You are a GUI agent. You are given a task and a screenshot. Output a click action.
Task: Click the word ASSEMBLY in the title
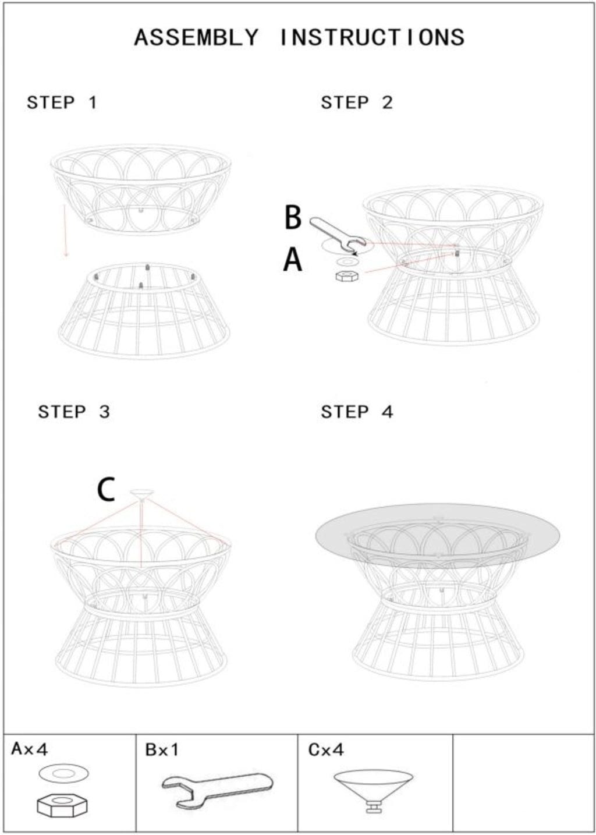coord(196,37)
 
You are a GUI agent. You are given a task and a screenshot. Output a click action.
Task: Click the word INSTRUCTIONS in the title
coord(372,37)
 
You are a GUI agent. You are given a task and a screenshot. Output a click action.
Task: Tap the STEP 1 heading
coord(62,102)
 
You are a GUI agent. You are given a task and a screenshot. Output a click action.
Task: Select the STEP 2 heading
coord(357,102)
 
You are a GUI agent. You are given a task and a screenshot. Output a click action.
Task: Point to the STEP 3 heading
coord(74,412)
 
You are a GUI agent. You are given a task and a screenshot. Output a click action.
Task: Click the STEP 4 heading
coord(357,412)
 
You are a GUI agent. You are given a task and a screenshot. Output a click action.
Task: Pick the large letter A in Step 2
coord(293,260)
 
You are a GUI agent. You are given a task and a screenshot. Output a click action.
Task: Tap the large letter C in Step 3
coord(105,490)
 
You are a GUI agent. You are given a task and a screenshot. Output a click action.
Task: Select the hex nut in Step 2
coord(347,276)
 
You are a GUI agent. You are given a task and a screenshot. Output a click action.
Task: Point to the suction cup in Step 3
coord(141,494)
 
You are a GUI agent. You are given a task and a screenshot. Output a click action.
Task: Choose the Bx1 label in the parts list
coord(162,750)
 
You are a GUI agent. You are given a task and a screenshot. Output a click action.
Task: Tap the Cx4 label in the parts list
coord(326,750)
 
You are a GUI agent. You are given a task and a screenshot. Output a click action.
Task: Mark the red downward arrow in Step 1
coord(65,231)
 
